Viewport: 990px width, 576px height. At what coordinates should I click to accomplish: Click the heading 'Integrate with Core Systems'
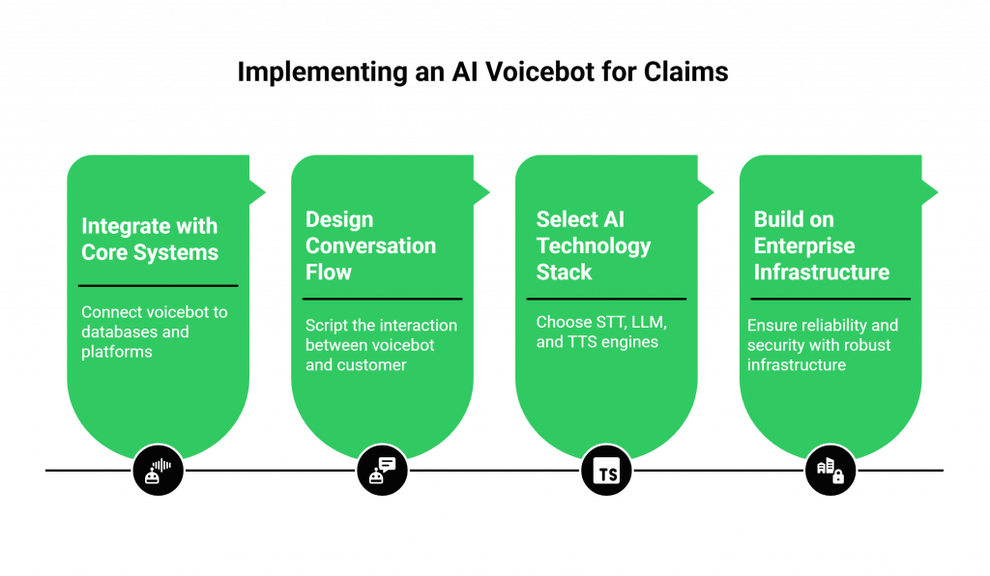pos(150,240)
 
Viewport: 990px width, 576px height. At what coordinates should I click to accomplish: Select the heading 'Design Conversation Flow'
pos(371,245)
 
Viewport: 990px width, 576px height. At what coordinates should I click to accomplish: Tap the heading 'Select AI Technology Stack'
pos(594,245)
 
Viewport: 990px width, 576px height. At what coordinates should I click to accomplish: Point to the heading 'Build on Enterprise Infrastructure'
pos(822,245)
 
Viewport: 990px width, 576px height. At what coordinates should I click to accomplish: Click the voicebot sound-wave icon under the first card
pos(158,472)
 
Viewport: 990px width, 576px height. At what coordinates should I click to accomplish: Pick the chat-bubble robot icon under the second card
pos(382,472)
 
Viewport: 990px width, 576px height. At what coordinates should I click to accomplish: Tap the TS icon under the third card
pos(607,472)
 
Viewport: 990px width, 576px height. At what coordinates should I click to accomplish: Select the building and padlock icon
pos(830,472)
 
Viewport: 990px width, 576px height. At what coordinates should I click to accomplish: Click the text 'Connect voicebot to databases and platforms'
pos(155,331)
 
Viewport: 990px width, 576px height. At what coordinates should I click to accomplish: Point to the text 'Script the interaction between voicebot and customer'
pos(381,345)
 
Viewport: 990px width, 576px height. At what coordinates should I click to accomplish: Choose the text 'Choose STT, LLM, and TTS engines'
pos(601,331)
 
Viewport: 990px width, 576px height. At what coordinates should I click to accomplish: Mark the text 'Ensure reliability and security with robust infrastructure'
pos(823,345)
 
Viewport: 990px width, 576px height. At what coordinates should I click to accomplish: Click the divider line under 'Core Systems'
pos(158,286)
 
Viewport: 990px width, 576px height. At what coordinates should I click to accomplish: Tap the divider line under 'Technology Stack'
pos(611,299)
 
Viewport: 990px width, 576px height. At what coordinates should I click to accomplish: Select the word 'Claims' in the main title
pos(687,72)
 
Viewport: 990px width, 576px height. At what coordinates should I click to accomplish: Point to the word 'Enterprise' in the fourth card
pos(804,245)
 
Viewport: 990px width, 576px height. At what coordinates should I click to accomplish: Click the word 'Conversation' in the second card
pos(371,245)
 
